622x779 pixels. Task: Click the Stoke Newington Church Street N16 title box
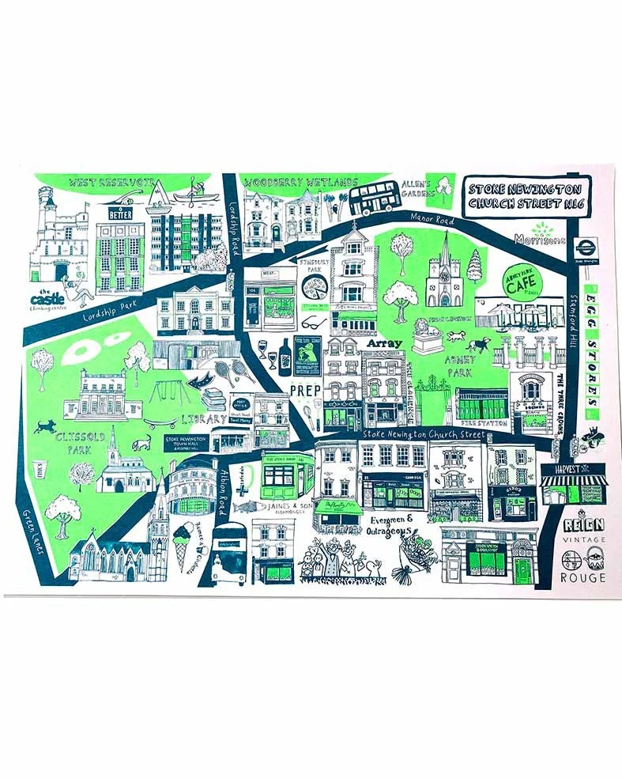click(x=525, y=198)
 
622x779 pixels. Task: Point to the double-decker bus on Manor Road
click(x=377, y=199)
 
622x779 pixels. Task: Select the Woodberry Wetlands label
click(x=301, y=183)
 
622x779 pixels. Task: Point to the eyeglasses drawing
click(x=313, y=323)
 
